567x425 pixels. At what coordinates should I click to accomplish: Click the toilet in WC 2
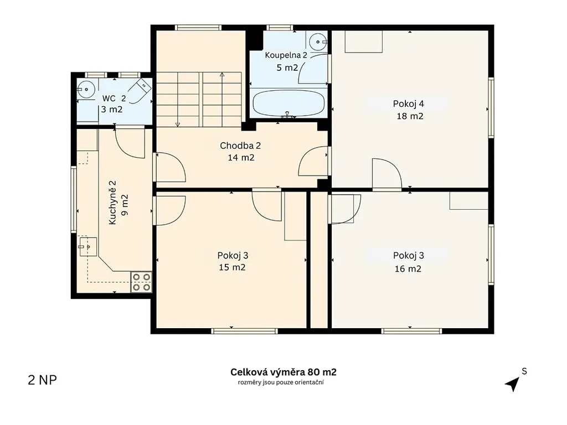140,90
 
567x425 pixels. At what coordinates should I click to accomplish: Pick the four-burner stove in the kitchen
141,282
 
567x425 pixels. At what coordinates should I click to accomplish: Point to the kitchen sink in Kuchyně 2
88,246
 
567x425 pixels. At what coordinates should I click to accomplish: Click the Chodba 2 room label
240,146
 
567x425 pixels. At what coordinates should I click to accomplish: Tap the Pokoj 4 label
408,103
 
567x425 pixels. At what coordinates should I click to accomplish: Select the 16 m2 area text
408,269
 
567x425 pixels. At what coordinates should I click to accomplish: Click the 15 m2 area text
232,267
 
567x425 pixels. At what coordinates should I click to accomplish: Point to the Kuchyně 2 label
112,203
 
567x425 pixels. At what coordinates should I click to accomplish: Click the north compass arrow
512,384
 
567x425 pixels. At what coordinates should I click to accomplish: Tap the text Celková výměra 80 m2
283,372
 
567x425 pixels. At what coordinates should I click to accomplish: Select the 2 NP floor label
42,380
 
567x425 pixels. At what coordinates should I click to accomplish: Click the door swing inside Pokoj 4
387,173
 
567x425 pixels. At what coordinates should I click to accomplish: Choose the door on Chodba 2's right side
314,161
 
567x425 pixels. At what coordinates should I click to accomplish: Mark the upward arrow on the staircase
222,100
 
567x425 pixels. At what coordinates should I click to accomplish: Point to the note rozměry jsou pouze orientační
281,382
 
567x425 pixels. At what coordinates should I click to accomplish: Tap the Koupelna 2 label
286,55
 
